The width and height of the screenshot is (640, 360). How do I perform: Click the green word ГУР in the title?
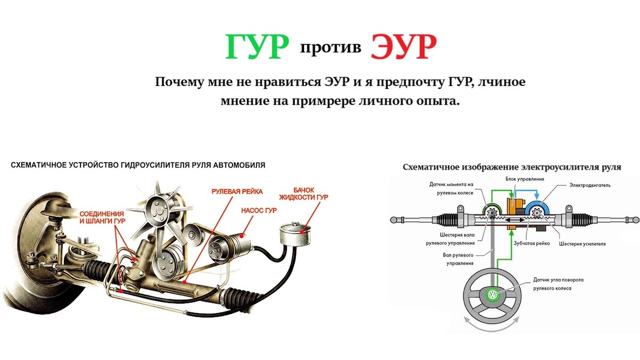[x=257, y=47]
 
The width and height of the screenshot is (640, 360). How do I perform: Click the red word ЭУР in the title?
[x=404, y=47]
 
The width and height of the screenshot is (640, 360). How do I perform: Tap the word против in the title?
[x=330, y=47]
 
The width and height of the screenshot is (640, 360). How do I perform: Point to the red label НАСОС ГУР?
[x=259, y=210]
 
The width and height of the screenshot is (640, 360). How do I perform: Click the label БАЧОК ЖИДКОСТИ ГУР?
[x=310, y=193]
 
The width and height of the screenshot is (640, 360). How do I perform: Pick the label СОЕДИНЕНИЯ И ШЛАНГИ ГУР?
[x=106, y=219]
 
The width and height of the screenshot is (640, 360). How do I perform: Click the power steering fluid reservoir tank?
[x=295, y=235]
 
